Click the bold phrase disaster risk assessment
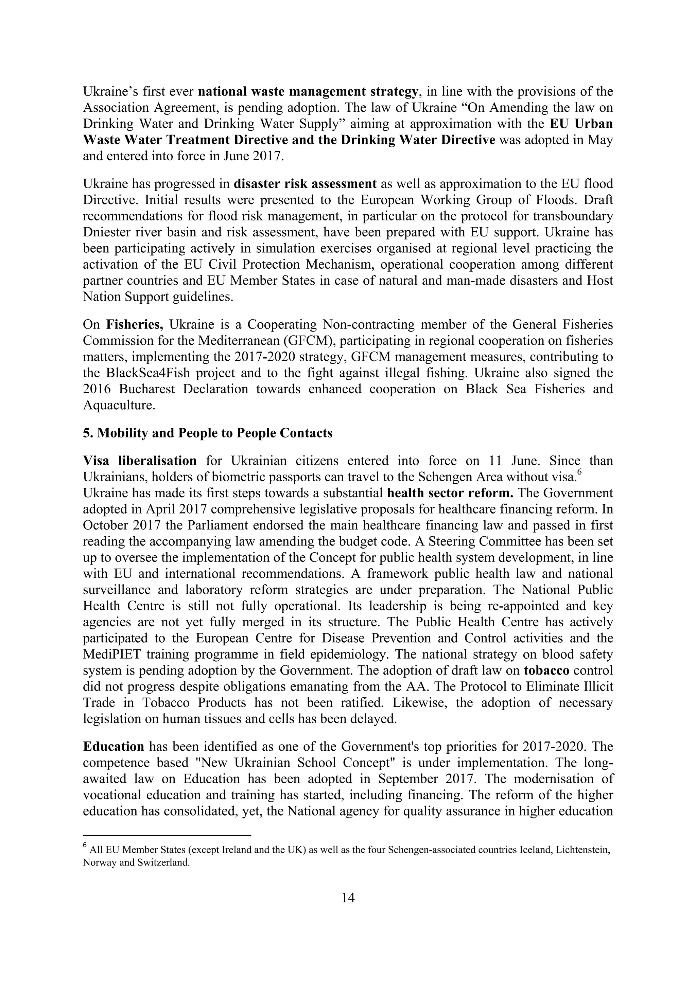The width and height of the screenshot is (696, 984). click(305, 184)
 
